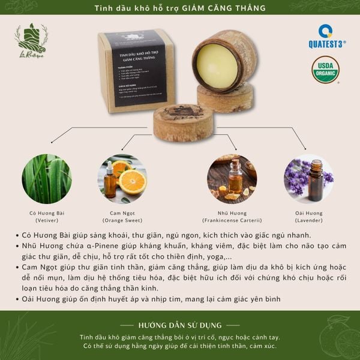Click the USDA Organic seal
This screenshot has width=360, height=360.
pos(325,70)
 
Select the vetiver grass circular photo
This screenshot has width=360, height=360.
pos(47,179)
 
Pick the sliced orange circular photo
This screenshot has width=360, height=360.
pos(122,179)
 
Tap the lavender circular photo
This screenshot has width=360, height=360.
pos(308,179)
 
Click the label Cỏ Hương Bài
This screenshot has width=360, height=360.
pos(47,213)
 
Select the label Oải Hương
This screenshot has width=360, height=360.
pos(308,213)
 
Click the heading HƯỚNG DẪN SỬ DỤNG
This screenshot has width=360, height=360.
pos(179,325)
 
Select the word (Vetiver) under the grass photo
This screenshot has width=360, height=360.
pos(47,220)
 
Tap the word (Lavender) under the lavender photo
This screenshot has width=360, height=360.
pos(308,220)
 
